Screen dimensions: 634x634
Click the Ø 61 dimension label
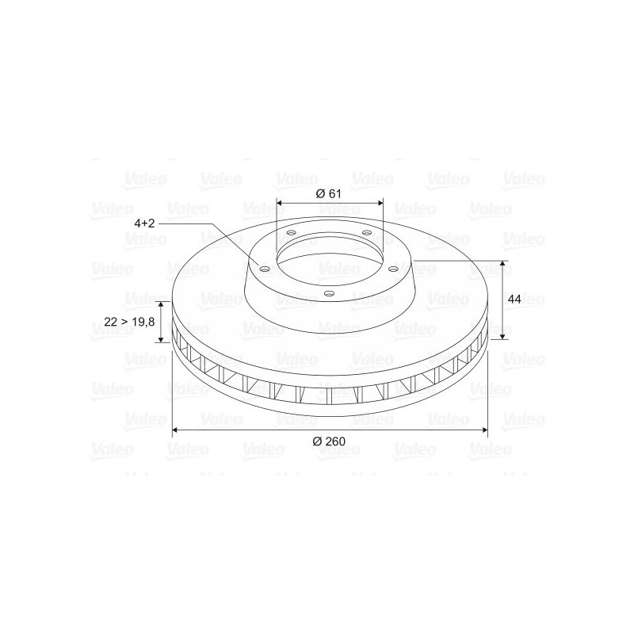[x=328, y=193]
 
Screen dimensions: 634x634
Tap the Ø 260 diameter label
[x=329, y=441]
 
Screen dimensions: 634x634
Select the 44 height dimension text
[x=514, y=300]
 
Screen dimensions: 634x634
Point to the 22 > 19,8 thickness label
[x=129, y=322]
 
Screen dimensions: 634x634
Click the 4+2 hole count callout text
[x=145, y=223]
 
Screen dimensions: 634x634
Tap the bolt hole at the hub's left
[x=264, y=269]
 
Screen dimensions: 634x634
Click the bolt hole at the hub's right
[x=393, y=269]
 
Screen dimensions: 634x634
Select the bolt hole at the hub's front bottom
[x=330, y=293]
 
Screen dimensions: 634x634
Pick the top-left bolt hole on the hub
[x=291, y=232]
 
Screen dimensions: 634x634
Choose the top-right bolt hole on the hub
[x=367, y=232]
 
